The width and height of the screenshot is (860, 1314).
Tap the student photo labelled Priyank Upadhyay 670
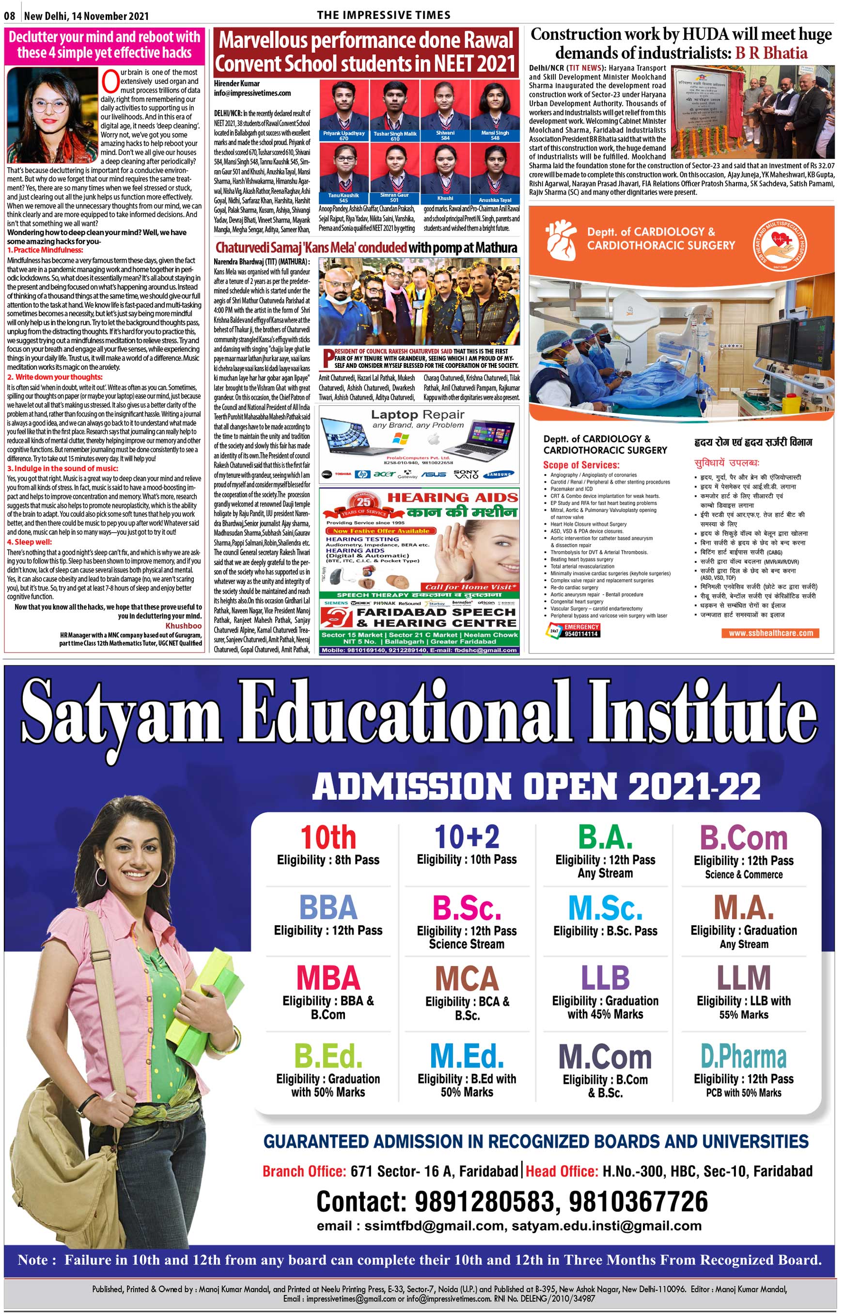[344, 111]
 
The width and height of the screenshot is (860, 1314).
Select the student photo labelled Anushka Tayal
[495, 174]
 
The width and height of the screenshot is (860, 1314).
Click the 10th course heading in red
[328, 838]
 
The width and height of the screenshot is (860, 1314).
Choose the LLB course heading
[605, 977]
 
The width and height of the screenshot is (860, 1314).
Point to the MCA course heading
[467, 978]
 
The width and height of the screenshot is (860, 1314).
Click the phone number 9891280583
[484, 1202]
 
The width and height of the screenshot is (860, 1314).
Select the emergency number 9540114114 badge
[574, 631]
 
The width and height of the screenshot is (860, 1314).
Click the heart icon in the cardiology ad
[560, 238]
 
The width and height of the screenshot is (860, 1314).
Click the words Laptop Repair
[417, 414]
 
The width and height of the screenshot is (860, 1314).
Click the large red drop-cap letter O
[110, 82]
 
